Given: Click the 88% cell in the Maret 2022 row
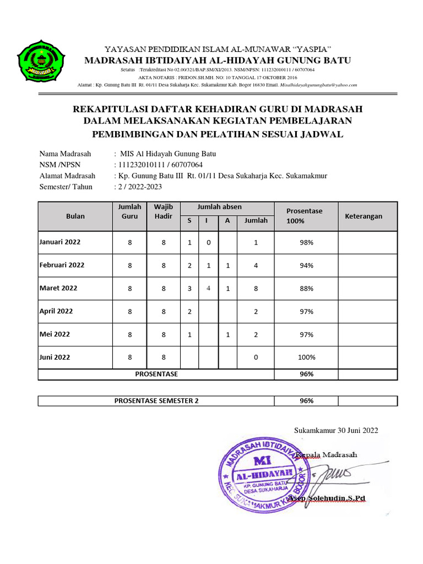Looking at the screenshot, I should click(306, 288).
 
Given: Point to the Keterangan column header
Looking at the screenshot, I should click(363, 216).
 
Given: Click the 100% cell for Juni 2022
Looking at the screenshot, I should click(306, 357).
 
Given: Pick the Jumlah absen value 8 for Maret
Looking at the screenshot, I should click(256, 288).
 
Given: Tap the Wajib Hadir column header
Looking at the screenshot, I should click(164, 211).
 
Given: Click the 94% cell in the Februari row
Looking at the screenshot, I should click(306, 265).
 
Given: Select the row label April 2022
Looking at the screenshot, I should click(56, 311).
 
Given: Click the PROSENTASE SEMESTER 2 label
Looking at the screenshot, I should click(156, 400).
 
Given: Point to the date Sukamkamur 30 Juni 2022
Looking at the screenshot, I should click(336, 430).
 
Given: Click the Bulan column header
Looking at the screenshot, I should click(75, 216).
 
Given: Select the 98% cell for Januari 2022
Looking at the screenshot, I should click(306, 242).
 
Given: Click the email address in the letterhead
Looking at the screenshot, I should click(319, 85).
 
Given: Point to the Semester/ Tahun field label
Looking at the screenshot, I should click(66, 187).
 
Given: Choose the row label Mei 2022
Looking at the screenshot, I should click(55, 334).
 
